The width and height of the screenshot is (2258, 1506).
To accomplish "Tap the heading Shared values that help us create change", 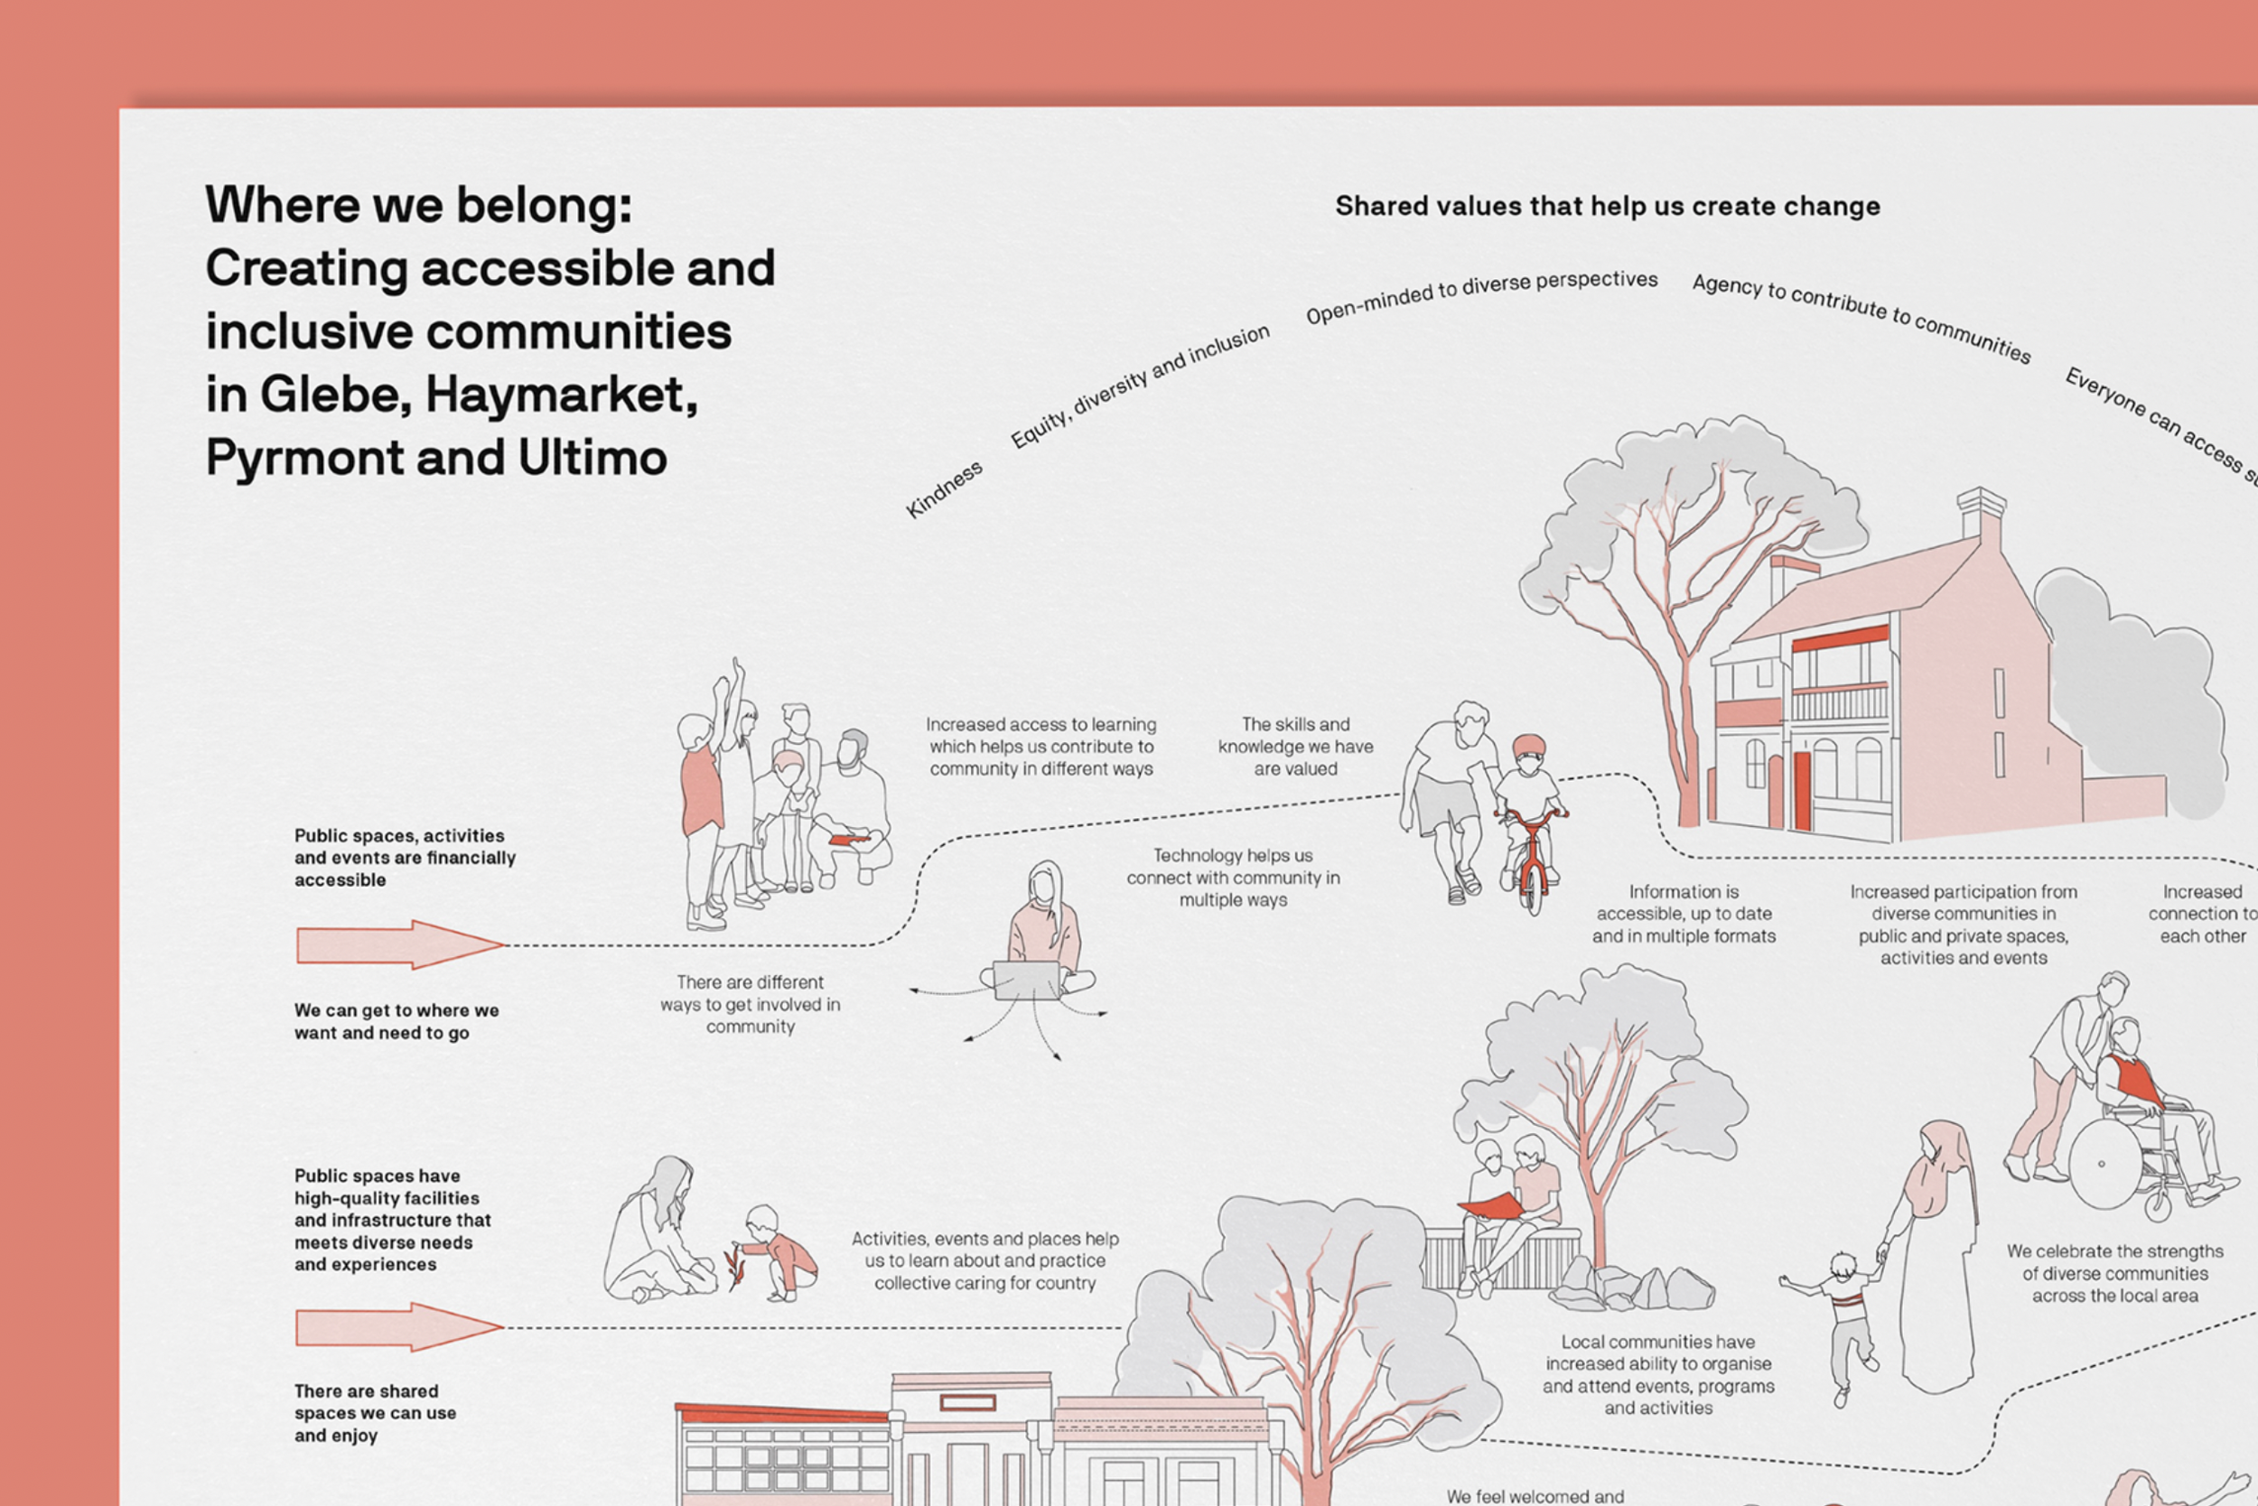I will (1607, 207).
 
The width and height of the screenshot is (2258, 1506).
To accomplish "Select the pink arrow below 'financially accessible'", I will (398, 944).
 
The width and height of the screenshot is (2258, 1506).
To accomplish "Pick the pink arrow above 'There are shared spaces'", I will (398, 1326).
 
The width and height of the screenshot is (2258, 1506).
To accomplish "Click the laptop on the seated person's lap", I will (1026, 980).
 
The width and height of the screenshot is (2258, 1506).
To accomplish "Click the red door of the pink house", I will (1802, 789).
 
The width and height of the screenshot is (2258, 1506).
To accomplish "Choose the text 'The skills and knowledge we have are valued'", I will (1295, 747).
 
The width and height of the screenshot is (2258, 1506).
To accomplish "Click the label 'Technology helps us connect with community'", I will (1233, 877).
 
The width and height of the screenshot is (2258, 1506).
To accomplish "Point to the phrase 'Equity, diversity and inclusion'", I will (1140, 386).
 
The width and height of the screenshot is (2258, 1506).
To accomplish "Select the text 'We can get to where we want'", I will (396, 1021).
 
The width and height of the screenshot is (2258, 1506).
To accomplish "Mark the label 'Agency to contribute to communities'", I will (1861, 317).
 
